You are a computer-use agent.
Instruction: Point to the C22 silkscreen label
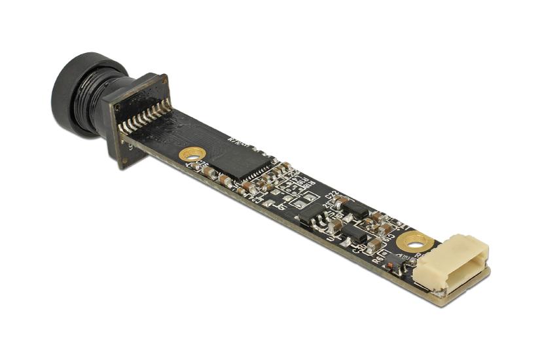pos(331,194)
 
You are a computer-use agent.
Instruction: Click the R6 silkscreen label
pos(377,259)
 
